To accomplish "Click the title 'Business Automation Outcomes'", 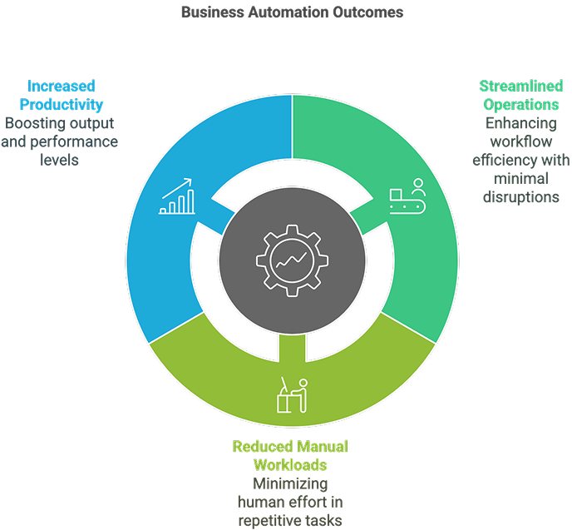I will [x=292, y=12].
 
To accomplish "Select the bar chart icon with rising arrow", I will [x=178, y=196].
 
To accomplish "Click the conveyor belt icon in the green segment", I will [x=407, y=196].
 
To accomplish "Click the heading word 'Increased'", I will [x=61, y=86].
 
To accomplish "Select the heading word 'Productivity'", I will [x=61, y=104].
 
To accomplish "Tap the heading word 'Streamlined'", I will [x=521, y=87].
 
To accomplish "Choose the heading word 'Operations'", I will [x=521, y=105].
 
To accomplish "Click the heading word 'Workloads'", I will [x=290, y=464].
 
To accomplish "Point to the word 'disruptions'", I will [x=521, y=196].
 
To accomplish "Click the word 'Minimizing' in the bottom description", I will [x=290, y=483].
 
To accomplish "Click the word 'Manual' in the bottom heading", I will [x=320, y=447].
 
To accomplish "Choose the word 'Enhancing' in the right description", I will [x=521, y=123].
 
